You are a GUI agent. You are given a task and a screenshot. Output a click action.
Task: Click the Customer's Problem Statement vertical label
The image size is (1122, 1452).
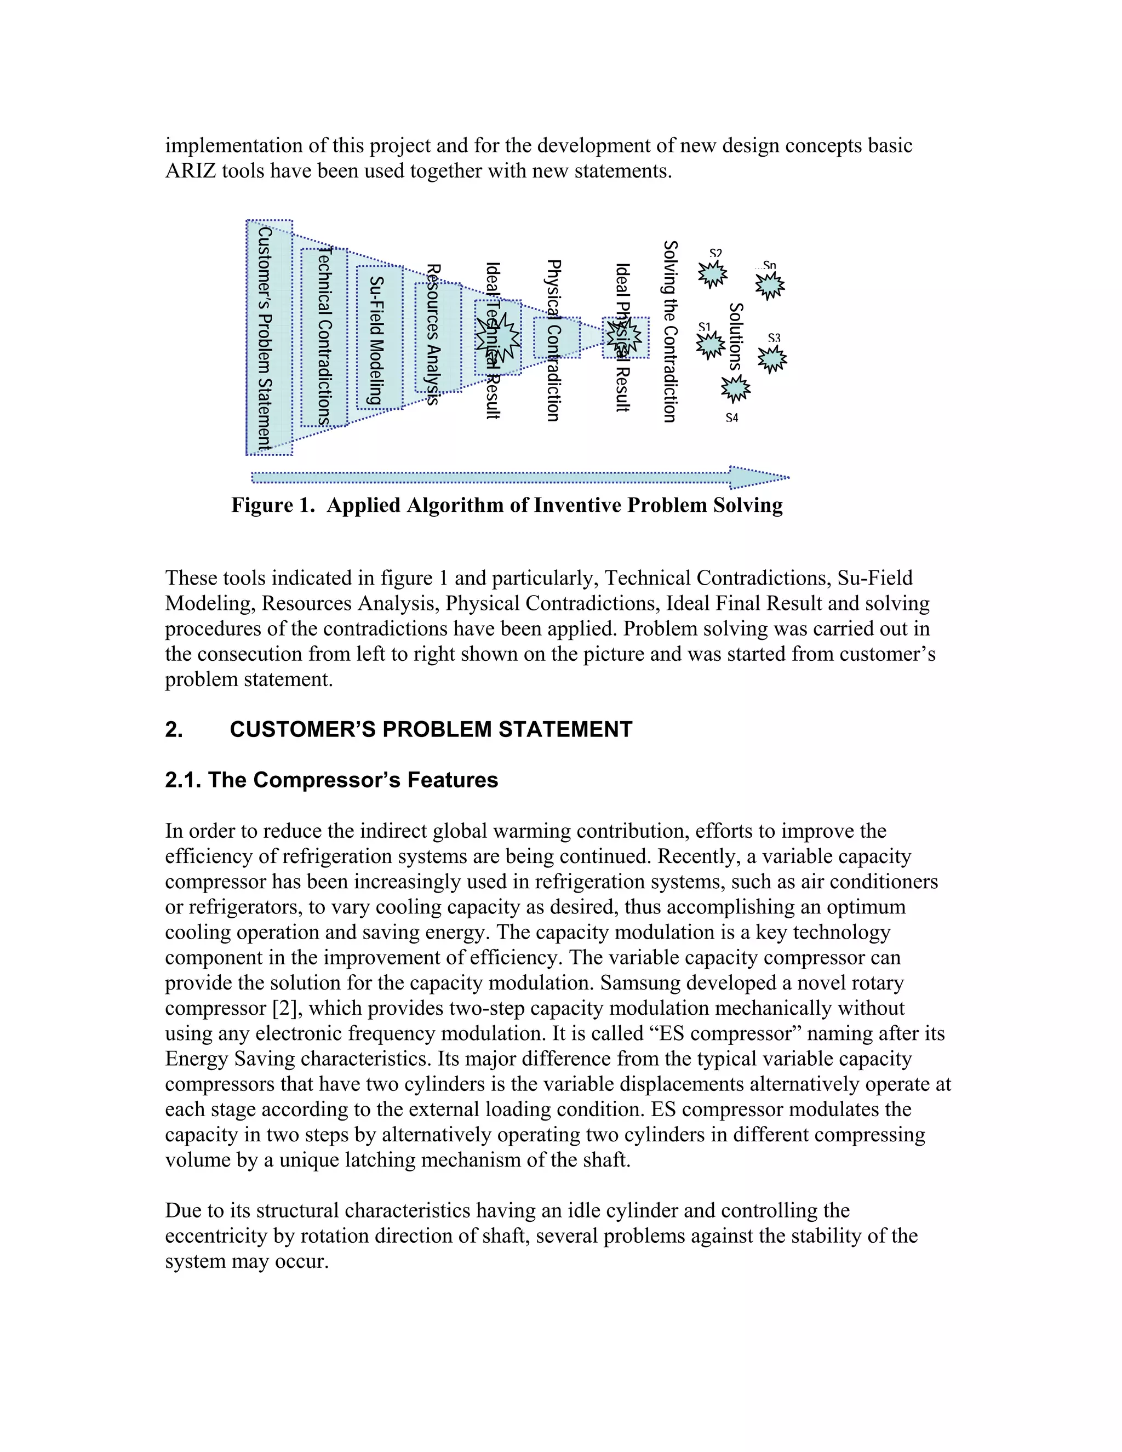pyautogui.click(x=265, y=339)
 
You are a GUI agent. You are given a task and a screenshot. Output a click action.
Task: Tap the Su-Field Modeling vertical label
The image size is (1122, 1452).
pyautogui.click(x=377, y=340)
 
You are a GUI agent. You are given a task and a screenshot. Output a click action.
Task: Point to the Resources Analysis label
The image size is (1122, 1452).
pyautogui.click(x=433, y=334)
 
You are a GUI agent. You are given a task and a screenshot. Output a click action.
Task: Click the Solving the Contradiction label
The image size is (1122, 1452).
pyautogui.click(x=670, y=331)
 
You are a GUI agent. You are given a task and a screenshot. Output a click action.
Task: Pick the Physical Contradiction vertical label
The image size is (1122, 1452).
pyautogui.click(x=553, y=340)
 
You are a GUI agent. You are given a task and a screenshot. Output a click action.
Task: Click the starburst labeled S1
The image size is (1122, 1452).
pyautogui.click(x=711, y=344)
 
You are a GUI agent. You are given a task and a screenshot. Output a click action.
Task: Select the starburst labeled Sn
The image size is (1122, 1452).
pyautogui.click(x=770, y=285)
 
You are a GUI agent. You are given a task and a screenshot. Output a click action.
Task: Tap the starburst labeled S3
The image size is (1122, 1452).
pyautogui.click(x=772, y=359)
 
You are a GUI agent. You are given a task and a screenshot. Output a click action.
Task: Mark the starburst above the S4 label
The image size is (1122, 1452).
pyautogui.click(x=735, y=388)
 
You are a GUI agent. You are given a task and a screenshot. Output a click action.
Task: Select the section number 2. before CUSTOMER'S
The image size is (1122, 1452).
pyautogui.click(x=174, y=729)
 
